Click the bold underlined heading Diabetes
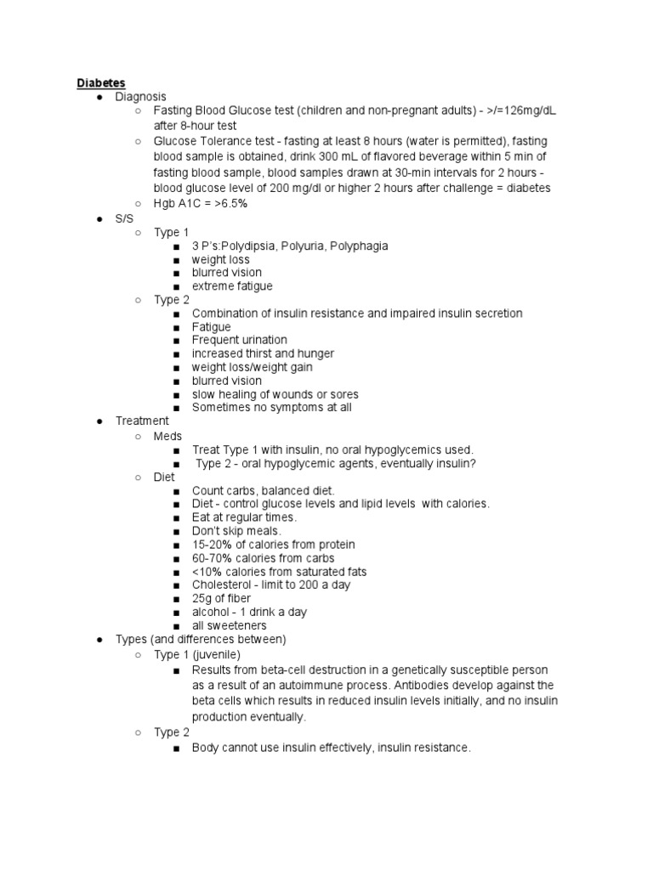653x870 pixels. pyautogui.click(x=101, y=83)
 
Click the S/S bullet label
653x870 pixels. pyautogui.click(x=125, y=218)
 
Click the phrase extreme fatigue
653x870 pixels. pyautogui.click(x=232, y=286)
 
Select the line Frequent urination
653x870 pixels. pyautogui.click(x=240, y=340)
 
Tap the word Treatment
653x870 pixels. pyautogui.click(x=142, y=421)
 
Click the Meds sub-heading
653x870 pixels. pyautogui.click(x=168, y=436)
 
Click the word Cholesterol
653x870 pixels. pyautogui.click(x=221, y=585)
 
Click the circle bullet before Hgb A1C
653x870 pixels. pyautogui.click(x=137, y=204)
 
